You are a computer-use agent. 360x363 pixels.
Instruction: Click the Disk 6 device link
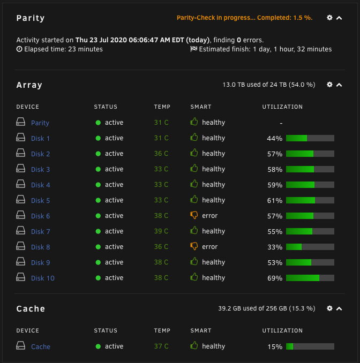point(41,216)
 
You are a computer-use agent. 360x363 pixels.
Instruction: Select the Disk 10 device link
point(43,278)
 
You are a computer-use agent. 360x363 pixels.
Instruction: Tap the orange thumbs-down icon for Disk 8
point(194,246)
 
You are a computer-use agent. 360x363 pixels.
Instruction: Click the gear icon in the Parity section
point(329,18)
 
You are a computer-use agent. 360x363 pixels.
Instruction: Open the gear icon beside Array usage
point(329,85)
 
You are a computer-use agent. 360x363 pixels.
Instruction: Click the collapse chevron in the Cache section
point(339,308)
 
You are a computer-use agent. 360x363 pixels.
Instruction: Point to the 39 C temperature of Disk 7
point(161,231)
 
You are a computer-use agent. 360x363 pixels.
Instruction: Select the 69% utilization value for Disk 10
point(275,278)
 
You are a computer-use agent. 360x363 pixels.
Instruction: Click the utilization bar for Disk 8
point(310,247)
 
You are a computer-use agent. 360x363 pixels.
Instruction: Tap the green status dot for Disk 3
point(98,169)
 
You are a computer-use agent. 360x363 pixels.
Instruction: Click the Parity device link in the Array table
point(40,123)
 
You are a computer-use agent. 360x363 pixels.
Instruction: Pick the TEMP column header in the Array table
point(162,107)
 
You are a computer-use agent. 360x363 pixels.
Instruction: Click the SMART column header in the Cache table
point(201,330)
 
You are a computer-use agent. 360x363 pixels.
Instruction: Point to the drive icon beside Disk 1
point(20,137)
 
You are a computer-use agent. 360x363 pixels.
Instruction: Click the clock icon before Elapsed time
point(19,49)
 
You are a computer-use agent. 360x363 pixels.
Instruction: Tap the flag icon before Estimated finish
point(194,49)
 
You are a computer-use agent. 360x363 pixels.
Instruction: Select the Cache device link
point(41,346)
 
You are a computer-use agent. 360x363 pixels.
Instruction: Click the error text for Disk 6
point(209,216)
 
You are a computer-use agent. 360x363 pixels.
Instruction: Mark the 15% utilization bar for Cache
point(310,346)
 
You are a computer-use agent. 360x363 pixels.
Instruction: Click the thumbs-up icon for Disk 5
point(194,199)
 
